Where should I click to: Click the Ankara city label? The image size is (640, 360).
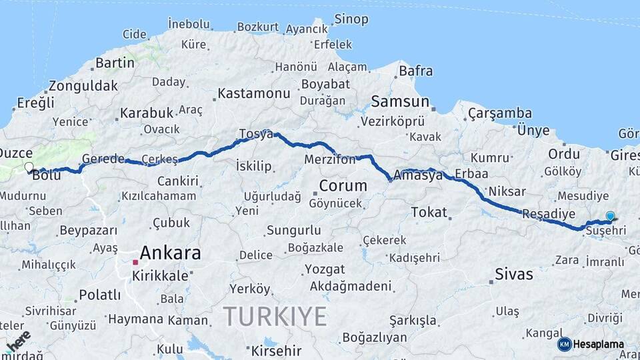[170, 253]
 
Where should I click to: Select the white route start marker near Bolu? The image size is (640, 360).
[29, 167]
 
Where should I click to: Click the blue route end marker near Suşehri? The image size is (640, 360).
[610, 216]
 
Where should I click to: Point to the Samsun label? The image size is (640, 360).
[400, 101]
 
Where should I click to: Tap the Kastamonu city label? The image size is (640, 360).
[254, 93]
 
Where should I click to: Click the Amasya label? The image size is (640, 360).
[419, 176]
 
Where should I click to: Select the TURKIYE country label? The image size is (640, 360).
[275, 315]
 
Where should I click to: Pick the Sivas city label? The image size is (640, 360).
[514, 274]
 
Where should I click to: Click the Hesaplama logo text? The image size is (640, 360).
[598, 344]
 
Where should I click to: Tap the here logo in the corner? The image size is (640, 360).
[17, 341]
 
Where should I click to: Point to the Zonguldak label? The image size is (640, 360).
[83, 86]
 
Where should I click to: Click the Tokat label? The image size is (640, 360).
[429, 212]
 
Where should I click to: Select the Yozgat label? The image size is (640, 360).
[324, 269]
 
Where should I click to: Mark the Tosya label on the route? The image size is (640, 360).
[257, 134]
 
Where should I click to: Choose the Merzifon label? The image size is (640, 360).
[329, 161]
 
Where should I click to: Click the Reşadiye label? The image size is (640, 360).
[548, 214]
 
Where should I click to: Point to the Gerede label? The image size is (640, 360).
[103, 159]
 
